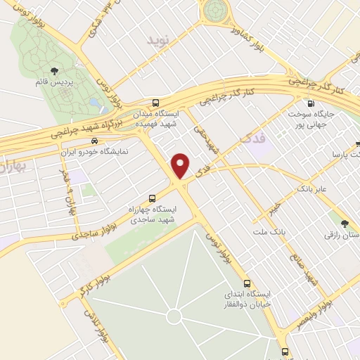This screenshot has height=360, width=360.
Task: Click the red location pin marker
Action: [x=182, y=165]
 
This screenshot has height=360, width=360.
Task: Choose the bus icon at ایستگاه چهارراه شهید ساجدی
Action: [x=153, y=198]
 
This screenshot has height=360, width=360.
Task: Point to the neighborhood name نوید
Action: [x=158, y=39]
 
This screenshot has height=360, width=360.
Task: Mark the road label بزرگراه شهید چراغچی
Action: [x=89, y=124]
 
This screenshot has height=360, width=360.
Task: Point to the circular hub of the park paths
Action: [x=174, y=317]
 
